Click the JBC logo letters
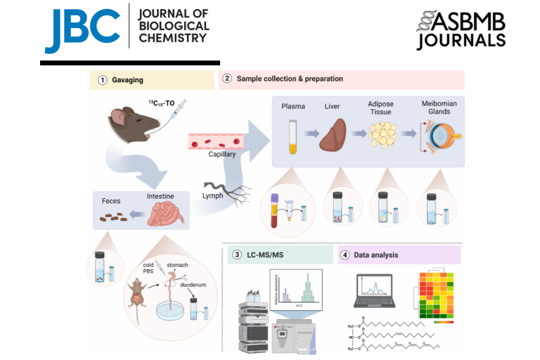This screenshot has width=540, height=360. tap(82, 28)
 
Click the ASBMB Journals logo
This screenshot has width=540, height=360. tap(460, 30)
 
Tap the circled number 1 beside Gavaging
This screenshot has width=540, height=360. tap(103, 80)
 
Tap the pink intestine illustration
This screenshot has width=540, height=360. tap(167, 211)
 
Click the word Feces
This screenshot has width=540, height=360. tap(114, 200)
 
